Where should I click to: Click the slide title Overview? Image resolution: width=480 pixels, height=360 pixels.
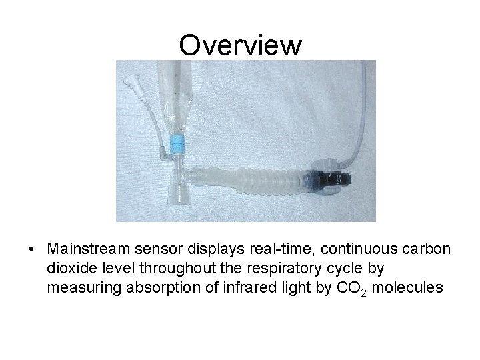pyautogui.click(x=240, y=45)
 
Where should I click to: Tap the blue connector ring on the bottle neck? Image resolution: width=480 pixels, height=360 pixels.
pyautogui.click(x=177, y=143)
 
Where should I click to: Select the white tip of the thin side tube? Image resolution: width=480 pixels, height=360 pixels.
pyautogui.click(x=128, y=83)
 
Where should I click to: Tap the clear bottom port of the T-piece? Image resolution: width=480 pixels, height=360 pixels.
pyautogui.click(x=178, y=197)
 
